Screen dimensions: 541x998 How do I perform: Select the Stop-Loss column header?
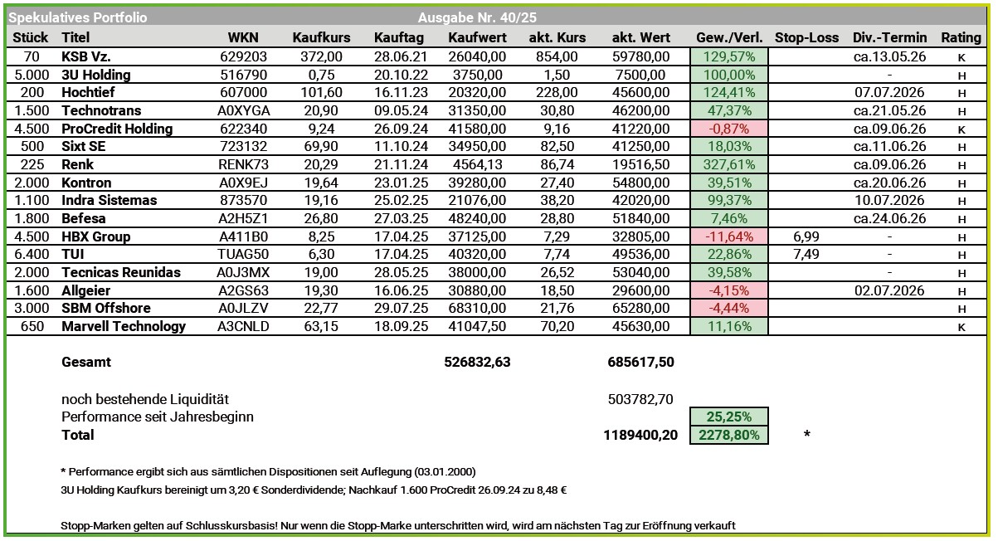click(806, 37)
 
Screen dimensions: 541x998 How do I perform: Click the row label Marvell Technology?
click(124, 326)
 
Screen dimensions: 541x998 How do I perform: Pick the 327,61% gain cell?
click(728, 164)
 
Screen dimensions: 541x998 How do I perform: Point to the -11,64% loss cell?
click(728, 236)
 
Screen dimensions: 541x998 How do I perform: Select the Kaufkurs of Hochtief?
click(321, 92)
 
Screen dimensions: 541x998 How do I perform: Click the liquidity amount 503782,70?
click(640, 399)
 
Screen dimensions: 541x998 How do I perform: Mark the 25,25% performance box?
click(728, 417)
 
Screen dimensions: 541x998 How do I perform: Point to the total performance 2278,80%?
click(728, 435)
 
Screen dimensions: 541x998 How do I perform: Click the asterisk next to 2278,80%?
click(806, 435)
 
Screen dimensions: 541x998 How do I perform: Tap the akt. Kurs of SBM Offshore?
click(562, 308)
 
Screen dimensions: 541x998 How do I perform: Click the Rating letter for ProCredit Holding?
click(961, 129)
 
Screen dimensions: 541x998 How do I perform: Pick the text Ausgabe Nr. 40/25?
click(481, 17)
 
